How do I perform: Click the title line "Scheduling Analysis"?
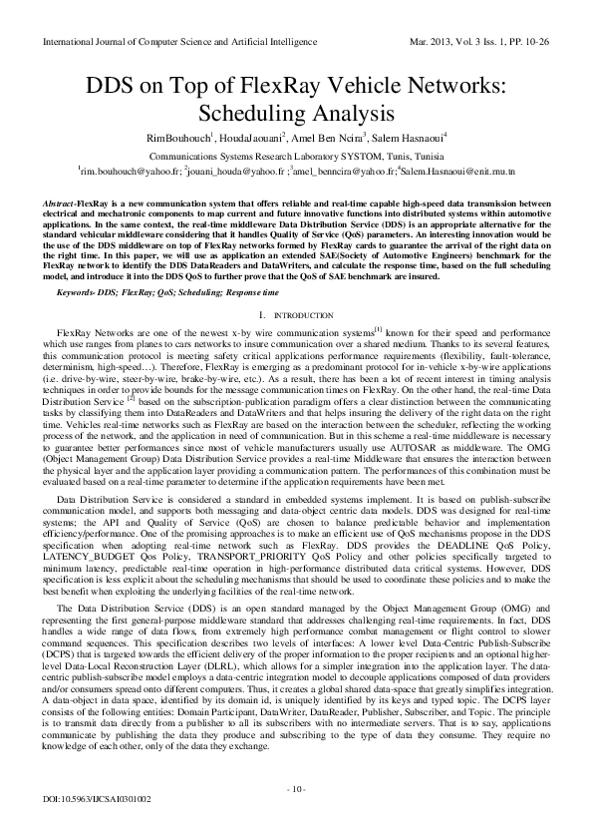pyautogui.click(x=296, y=111)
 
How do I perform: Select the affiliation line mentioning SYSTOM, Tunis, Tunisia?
pyautogui.click(x=296, y=157)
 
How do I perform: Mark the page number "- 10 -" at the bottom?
pyautogui.click(x=296, y=790)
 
